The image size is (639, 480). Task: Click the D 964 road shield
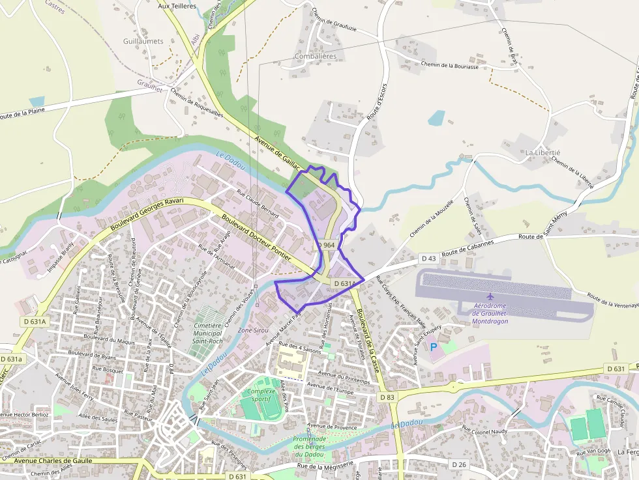[x=327, y=245]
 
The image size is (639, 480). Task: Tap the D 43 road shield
[x=428, y=259]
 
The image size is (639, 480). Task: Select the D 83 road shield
[x=387, y=397]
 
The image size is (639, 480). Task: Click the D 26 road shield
[x=459, y=464]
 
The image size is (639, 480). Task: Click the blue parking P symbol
[x=433, y=348]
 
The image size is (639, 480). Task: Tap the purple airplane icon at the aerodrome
[x=490, y=297]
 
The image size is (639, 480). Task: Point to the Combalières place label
[x=316, y=57]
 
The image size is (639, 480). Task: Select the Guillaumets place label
[x=143, y=41]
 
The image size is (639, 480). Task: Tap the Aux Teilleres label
[x=177, y=5]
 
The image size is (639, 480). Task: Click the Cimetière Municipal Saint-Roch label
[x=208, y=332]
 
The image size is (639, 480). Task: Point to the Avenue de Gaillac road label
[x=279, y=148]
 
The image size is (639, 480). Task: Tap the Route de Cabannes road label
[x=468, y=247]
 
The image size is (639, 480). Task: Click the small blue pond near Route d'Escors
[x=436, y=119]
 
